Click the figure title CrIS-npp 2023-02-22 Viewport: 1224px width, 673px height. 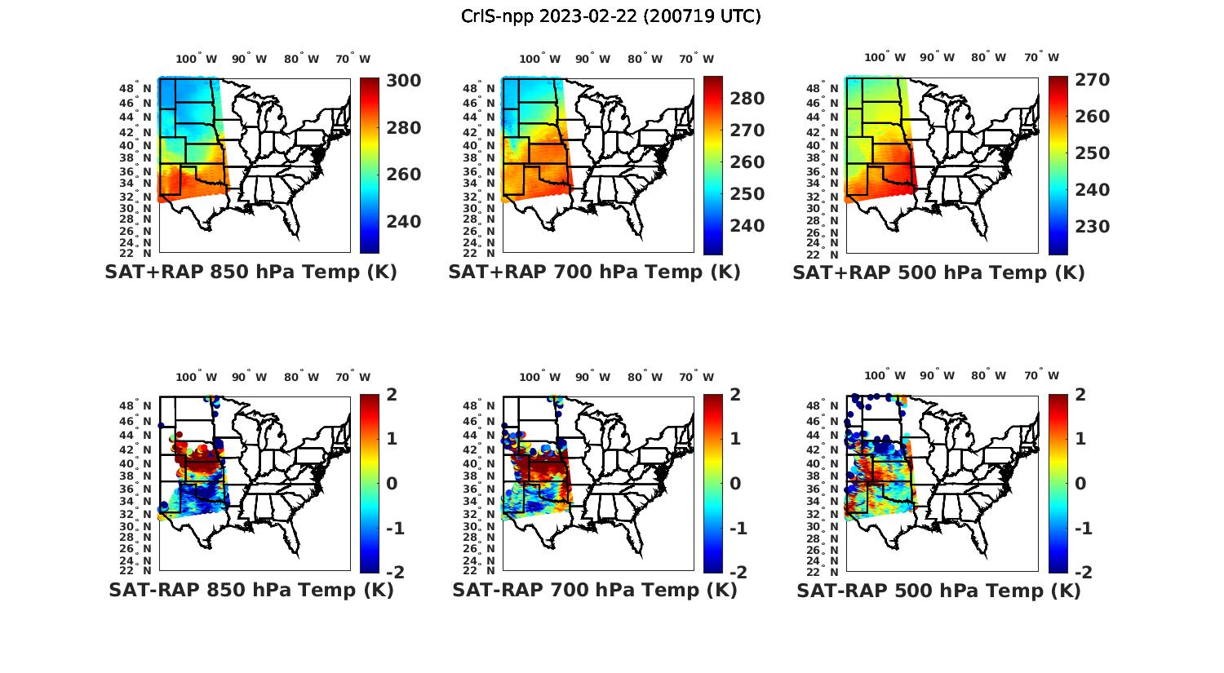click(611, 16)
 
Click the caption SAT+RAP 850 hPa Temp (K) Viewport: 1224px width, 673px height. click(251, 272)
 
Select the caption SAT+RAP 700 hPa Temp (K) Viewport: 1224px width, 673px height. click(594, 272)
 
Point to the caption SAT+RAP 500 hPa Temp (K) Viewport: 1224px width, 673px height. click(938, 272)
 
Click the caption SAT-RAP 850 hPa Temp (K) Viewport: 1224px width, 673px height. click(251, 590)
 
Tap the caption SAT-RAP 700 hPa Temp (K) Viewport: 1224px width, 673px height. click(594, 590)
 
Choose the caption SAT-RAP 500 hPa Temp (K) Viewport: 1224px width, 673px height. click(938, 590)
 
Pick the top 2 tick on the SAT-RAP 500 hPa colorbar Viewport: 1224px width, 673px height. click(1080, 395)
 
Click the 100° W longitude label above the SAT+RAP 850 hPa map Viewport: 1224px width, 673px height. click(197, 59)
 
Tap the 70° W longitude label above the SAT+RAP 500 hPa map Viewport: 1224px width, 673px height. click(1041, 58)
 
